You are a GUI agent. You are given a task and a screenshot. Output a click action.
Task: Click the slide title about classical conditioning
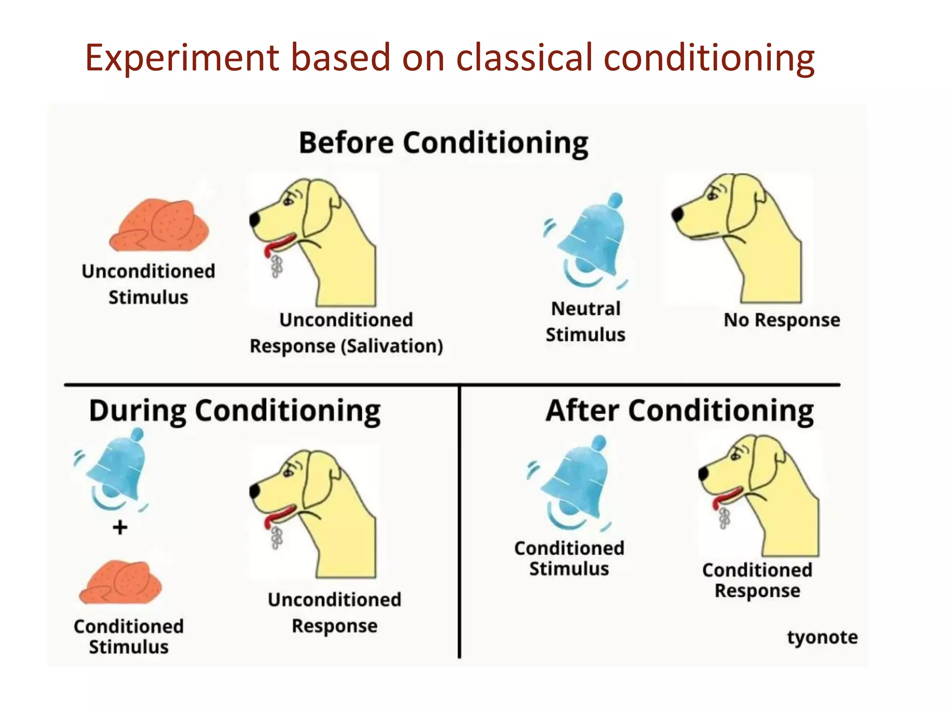tap(449, 58)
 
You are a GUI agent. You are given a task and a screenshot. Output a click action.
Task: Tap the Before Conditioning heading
tap(443, 143)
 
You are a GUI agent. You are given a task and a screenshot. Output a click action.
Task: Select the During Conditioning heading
tap(234, 411)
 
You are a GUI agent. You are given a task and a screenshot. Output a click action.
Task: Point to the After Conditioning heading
tap(679, 411)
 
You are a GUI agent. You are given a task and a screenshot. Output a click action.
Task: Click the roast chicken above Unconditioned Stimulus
tap(159, 226)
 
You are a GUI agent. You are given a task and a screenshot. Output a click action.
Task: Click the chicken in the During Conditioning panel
tap(121, 583)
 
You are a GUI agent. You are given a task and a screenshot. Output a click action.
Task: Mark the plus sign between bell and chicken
tap(120, 527)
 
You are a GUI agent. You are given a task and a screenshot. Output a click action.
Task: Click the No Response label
tap(782, 320)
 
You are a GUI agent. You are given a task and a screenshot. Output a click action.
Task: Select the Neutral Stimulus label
tap(586, 321)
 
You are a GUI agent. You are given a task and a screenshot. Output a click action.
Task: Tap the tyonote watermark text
tap(822, 637)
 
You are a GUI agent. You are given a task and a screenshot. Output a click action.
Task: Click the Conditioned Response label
tap(757, 580)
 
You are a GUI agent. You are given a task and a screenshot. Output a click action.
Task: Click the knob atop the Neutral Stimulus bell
tap(615, 201)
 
